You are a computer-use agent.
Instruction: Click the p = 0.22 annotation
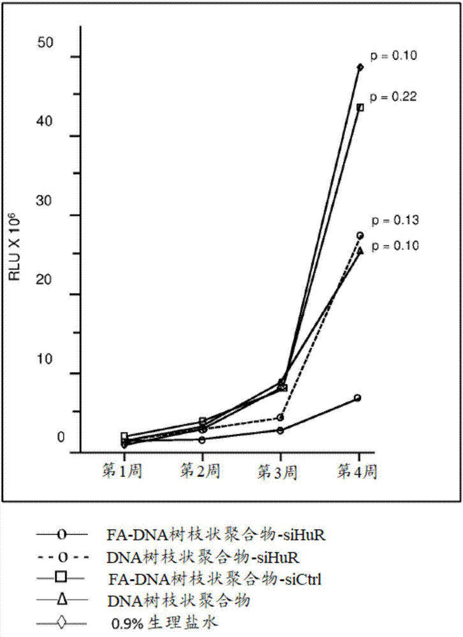[x=393, y=97]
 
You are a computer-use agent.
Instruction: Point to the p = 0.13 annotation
[x=395, y=220]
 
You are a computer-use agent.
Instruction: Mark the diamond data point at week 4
[x=360, y=67]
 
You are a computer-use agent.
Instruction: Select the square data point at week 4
[x=360, y=107]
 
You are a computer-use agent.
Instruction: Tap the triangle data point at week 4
[x=360, y=251]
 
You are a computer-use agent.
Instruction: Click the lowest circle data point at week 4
[x=358, y=398]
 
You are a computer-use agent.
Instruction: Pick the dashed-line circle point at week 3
[x=281, y=418]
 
